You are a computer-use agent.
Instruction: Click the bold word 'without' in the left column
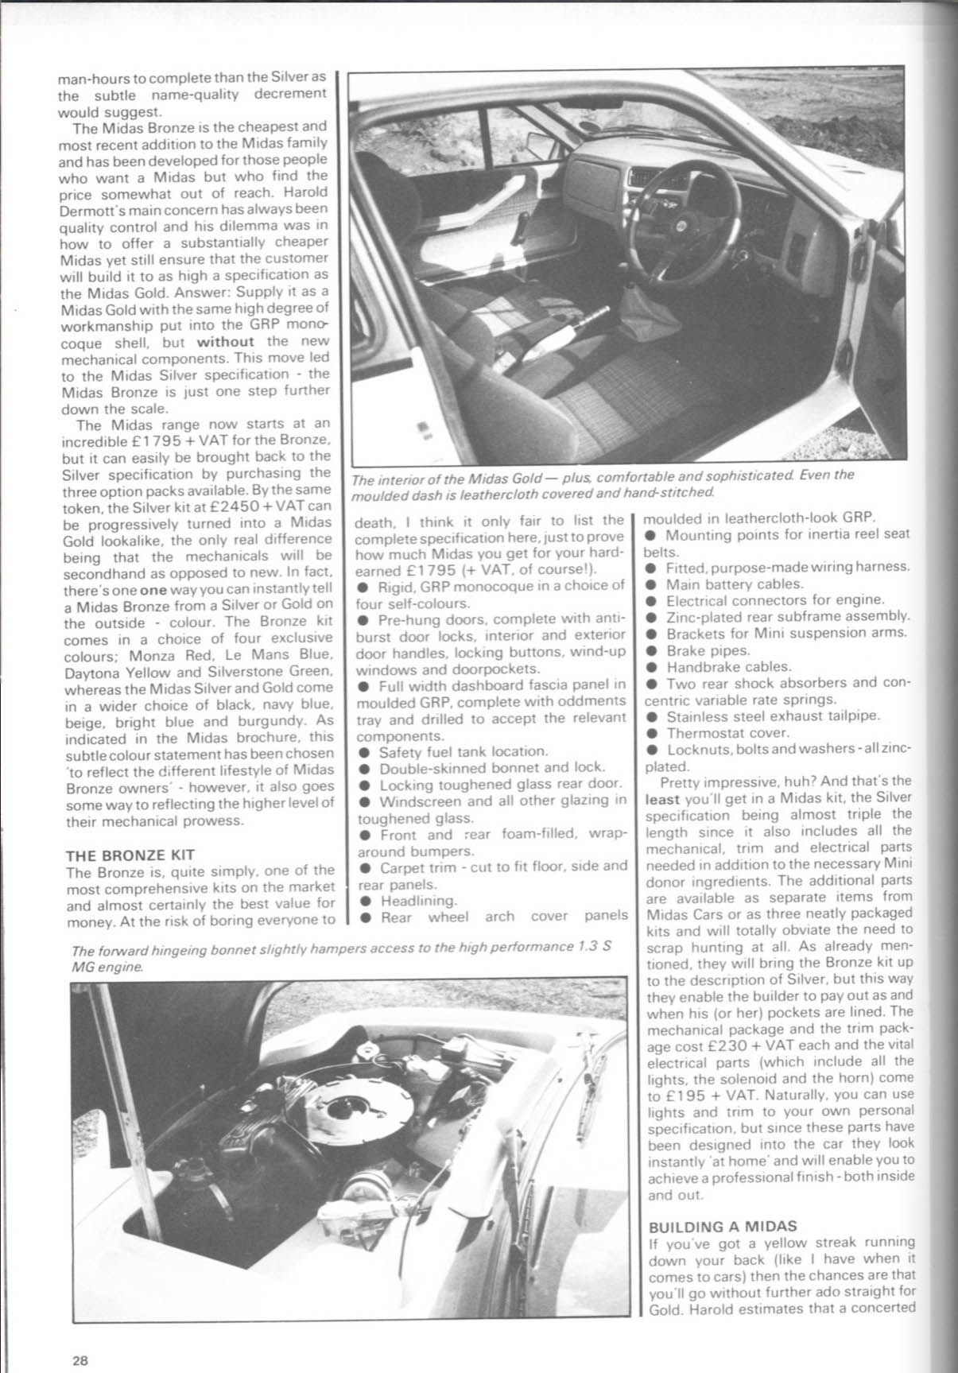tap(225, 341)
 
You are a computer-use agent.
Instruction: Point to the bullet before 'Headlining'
tap(364, 901)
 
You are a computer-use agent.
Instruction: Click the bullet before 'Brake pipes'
tap(650, 650)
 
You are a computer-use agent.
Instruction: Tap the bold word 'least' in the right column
tap(661, 797)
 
